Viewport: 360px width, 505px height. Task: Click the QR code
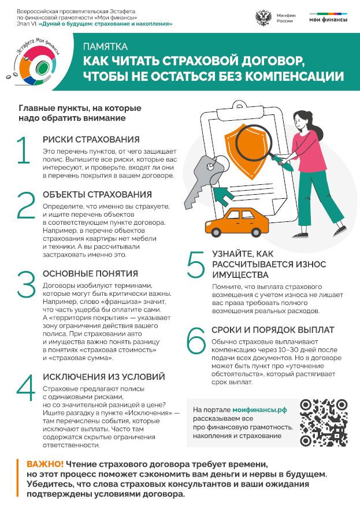point(324,422)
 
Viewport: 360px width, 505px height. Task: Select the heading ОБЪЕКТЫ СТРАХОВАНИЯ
point(97,195)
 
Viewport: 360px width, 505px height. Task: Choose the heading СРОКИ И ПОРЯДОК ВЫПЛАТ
point(272,330)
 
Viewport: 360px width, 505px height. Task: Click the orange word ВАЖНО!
point(45,464)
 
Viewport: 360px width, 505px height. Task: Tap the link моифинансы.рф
point(259,409)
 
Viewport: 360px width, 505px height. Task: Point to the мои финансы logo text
point(328,20)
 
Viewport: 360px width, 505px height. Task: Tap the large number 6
point(196,341)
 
